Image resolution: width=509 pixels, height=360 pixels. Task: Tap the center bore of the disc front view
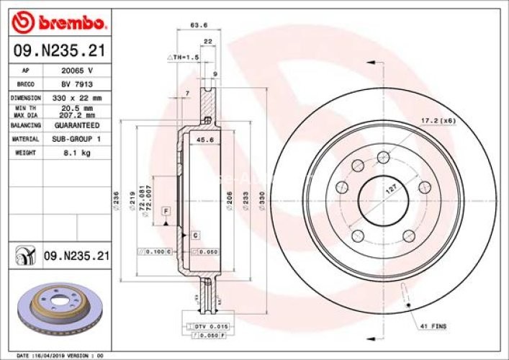click(382, 196)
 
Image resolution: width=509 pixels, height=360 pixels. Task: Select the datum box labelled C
click(195, 235)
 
